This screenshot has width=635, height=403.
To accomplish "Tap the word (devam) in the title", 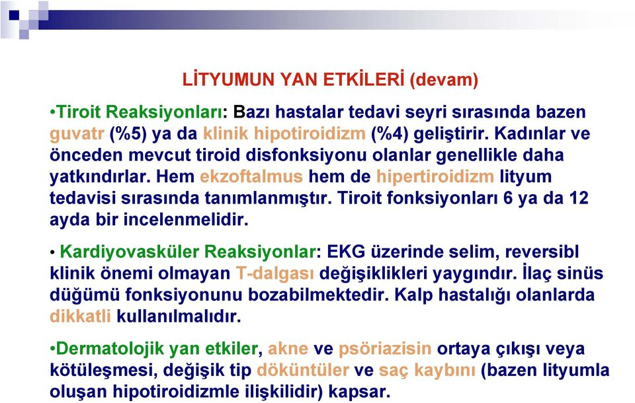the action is (x=444, y=80).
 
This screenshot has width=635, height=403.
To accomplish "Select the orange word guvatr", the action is (x=77, y=134).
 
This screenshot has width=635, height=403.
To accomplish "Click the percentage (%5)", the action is (x=128, y=134).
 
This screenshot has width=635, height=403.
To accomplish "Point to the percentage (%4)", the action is (x=390, y=134).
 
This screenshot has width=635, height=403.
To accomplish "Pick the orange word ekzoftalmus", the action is (x=251, y=176).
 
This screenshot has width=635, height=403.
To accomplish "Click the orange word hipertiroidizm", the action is (x=435, y=177).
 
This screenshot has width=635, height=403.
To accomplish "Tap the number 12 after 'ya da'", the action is (x=579, y=198).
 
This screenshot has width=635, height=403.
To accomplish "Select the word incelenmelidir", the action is (x=186, y=220).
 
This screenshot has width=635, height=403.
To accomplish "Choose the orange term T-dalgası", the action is (x=275, y=274).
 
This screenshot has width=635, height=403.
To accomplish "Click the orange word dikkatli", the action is (x=80, y=316).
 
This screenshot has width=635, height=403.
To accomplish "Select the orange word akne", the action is (x=288, y=349).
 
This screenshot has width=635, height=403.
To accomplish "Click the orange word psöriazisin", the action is (x=385, y=349).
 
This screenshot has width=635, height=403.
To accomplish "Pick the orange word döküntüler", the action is (x=303, y=370).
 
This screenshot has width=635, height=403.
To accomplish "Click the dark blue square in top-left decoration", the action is (x=14, y=15).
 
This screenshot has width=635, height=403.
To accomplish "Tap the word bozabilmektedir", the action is (x=318, y=295).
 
